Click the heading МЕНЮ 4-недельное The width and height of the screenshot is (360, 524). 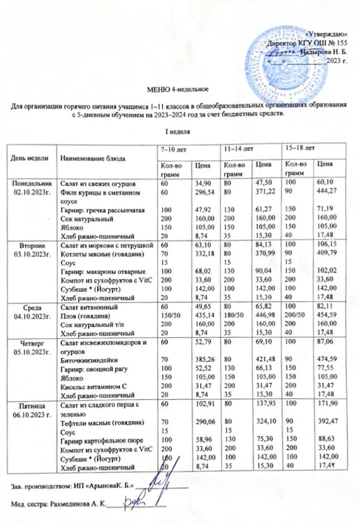point(177,91)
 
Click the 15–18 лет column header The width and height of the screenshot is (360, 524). point(299,148)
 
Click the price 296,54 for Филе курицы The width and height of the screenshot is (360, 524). point(202,190)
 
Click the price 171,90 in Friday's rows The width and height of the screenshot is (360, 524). point(328,406)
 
